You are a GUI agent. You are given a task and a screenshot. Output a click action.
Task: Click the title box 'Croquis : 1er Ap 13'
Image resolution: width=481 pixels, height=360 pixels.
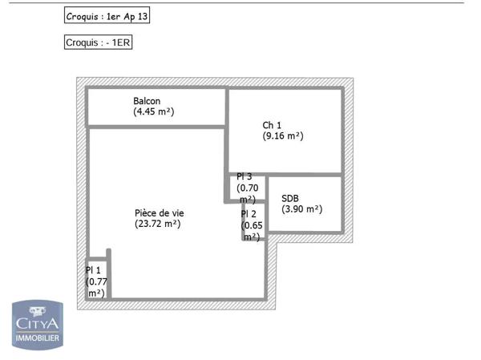tap(106, 15)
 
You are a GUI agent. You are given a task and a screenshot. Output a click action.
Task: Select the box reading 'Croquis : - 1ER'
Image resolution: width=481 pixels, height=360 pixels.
tap(98, 42)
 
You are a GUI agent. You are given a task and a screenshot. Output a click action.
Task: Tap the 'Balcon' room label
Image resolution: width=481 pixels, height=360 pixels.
tap(147, 101)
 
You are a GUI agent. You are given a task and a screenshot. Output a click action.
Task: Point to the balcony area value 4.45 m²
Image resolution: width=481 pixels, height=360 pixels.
tap(154, 112)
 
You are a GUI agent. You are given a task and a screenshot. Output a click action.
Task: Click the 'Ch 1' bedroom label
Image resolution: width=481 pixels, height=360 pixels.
tap(272, 125)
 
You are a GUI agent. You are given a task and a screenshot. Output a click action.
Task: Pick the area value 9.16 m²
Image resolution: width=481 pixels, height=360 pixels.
tap(283, 136)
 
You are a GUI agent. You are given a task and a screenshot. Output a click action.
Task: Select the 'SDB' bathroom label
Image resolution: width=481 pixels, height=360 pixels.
tap(290, 198)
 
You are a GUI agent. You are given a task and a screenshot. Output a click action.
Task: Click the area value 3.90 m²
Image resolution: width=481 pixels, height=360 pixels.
tap(301, 209)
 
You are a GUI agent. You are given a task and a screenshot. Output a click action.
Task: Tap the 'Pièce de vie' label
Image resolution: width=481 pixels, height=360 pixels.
tap(159, 213)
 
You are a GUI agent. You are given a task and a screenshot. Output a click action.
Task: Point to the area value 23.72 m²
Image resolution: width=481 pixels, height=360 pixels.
tap(158, 224)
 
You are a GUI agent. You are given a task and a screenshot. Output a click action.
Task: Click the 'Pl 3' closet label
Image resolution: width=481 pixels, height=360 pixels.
tap(244, 177)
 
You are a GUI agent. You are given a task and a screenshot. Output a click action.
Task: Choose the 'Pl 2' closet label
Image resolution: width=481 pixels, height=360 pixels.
tap(249, 214)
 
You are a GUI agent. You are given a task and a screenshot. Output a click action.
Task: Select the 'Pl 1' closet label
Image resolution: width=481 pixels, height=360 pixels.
tap(94, 270)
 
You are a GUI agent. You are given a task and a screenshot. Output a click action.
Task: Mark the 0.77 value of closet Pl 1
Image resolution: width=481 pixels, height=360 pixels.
tap(96, 282)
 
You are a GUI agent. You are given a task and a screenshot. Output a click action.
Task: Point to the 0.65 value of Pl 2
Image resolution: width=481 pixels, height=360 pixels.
tap(252, 225)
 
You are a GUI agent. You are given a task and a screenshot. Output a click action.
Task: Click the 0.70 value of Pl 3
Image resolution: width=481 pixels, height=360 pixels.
tap(247, 188)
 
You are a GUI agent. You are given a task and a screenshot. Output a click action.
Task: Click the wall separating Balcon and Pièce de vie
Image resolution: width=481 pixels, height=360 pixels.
tap(156, 126)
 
